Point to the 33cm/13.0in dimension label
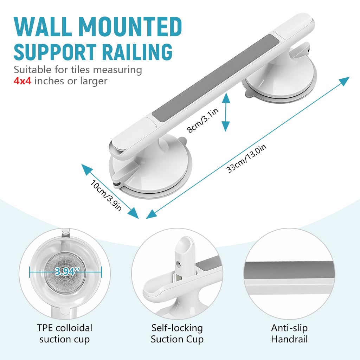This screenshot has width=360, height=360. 246,159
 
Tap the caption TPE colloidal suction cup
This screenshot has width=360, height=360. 65,333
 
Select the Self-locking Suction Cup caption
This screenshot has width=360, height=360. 177,333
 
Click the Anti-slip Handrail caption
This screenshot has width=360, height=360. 289,333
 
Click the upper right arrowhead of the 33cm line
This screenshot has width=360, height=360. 345,81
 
